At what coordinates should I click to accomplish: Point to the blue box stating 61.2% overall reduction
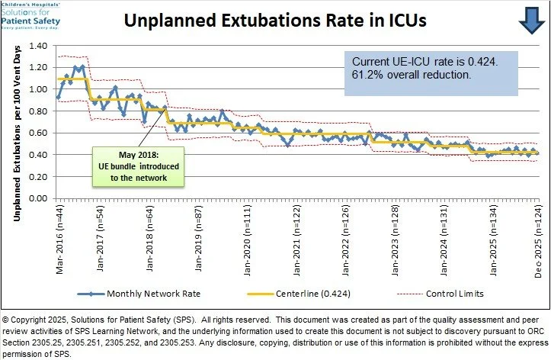tap(431, 73)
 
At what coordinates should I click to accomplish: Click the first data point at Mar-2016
tap(59, 97)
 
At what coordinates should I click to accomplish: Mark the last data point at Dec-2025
tap(537, 153)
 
